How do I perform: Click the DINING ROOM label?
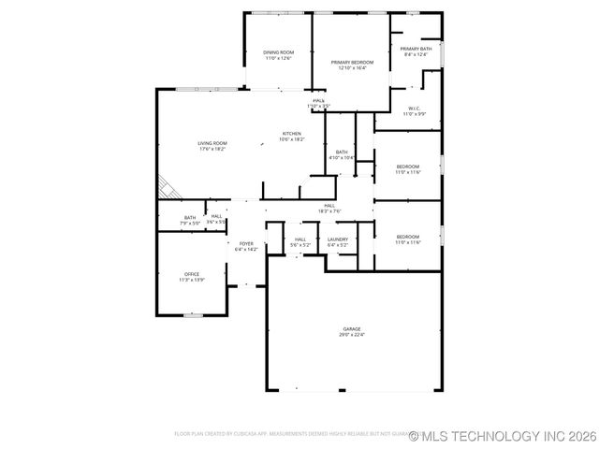pyautogui.click(x=278, y=52)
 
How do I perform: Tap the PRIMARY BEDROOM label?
pyautogui.click(x=351, y=62)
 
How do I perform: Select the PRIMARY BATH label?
pyautogui.click(x=416, y=49)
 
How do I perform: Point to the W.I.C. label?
pyautogui.click(x=415, y=109)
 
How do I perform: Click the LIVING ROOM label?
pyautogui.click(x=212, y=143)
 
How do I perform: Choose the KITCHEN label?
pyautogui.click(x=292, y=134)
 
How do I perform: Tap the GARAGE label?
pyautogui.click(x=352, y=328)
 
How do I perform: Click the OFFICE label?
pyautogui.click(x=191, y=274)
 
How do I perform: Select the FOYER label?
pyautogui.click(x=246, y=244)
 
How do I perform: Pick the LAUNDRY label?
pyautogui.click(x=338, y=239)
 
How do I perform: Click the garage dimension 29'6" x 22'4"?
pyautogui.click(x=352, y=334)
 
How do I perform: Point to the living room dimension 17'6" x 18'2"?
pyautogui.click(x=212, y=149)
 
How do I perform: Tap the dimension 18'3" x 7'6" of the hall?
pyautogui.click(x=329, y=210)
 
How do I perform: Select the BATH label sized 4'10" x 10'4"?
pyautogui.click(x=342, y=152)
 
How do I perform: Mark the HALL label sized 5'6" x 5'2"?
pyautogui.click(x=300, y=239)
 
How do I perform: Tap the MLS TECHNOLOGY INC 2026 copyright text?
pyautogui.click(x=503, y=436)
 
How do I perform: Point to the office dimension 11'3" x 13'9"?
pyautogui.click(x=191, y=280)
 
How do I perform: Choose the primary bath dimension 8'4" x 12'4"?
pyautogui.click(x=416, y=54)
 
